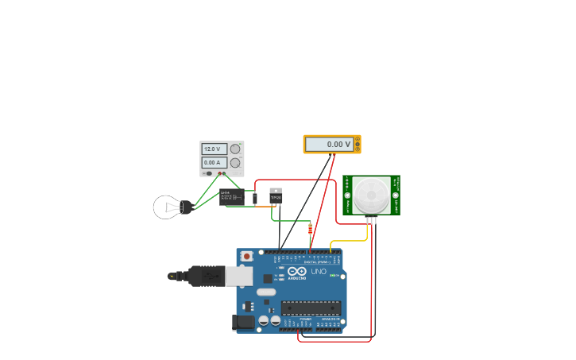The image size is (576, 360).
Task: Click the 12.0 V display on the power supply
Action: tap(214, 149)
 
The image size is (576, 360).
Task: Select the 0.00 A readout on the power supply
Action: tap(214, 163)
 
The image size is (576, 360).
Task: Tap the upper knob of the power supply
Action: tap(235, 149)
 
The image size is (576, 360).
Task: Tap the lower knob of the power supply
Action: tap(235, 163)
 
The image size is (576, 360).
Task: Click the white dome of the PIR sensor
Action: tap(371, 195)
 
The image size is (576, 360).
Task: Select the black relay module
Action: tap(232, 198)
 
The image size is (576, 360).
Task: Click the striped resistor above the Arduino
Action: tap(310, 229)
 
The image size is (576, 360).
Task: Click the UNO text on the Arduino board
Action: tap(318, 272)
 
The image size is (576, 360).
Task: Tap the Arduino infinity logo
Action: tap(297, 271)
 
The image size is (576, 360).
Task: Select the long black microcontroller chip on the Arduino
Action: tap(311, 308)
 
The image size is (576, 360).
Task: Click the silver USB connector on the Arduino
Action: tap(238, 276)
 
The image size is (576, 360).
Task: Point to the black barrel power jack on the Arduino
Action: tap(243, 322)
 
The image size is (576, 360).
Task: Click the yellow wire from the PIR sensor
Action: tap(350, 241)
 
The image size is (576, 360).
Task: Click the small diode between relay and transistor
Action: tap(255, 198)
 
